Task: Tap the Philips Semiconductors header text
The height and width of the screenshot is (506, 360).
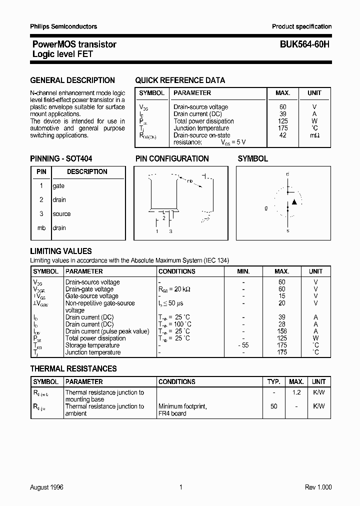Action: (63, 26)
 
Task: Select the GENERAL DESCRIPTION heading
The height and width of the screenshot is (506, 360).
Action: (72, 80)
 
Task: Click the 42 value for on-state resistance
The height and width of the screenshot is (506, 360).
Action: (282, 135)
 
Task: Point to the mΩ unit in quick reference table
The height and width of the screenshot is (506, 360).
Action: (314, 135)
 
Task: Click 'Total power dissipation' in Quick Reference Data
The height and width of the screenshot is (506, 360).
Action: (203, 121)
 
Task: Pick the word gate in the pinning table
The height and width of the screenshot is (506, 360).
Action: (58, 185)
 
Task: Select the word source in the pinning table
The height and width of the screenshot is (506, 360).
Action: (61, 213)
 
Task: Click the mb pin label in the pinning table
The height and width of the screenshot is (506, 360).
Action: (41, 227)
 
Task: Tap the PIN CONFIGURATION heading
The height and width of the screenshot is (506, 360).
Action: (172, 158)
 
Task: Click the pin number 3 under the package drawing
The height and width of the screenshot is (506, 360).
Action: (170, 231)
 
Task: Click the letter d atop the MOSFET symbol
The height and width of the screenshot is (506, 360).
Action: (287, 174)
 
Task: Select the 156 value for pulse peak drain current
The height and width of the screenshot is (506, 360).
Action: (282, 331)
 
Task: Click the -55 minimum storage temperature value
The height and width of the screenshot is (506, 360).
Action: (243, 345)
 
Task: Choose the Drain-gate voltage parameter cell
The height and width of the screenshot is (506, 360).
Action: (89, 289)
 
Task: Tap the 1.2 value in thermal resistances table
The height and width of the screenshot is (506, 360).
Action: (296, 392)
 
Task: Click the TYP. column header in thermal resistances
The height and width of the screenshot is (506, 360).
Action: (273, 381)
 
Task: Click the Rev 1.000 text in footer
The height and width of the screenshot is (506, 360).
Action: (318, 487)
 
